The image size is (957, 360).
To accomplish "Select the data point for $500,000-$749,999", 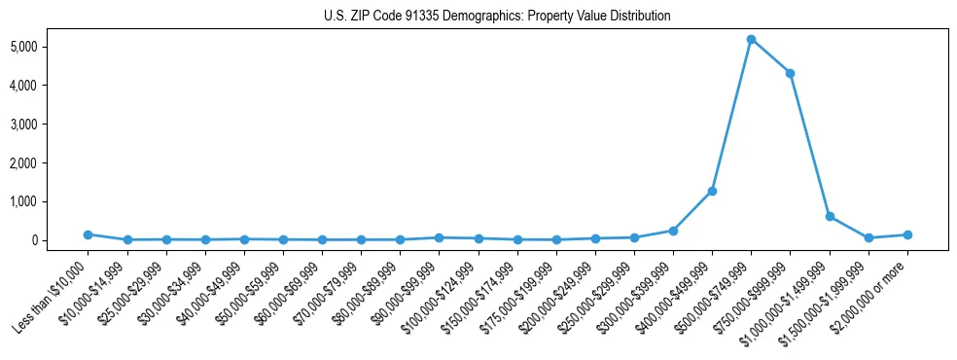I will point(751,39).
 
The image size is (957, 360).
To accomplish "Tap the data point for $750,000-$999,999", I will point(790,73).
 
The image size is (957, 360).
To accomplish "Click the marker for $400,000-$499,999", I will point(712,191).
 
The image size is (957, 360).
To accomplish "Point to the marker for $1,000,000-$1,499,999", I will point(829,216).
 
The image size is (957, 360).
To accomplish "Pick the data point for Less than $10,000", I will point(88,234).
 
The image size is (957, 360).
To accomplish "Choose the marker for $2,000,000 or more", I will point(906,234).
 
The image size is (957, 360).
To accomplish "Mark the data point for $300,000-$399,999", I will point(673,231).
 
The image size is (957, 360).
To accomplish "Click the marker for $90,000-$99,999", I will point(439,237).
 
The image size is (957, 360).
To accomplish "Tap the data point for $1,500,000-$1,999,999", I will point(868,237).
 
